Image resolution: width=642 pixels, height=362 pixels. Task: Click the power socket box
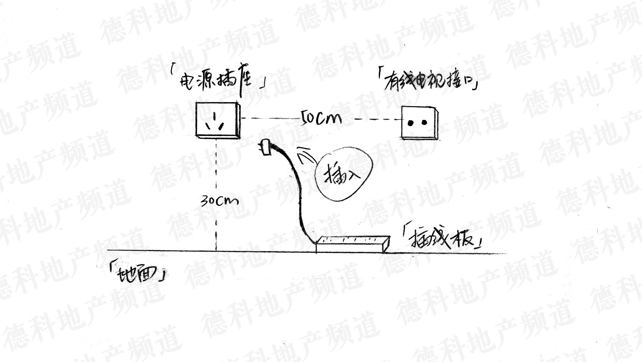point(217,119)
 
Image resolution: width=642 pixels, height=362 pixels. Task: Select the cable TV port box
point(419,122)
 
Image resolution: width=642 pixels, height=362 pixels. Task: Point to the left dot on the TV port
point(411,123)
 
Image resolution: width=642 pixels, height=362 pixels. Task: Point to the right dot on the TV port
point(424,123)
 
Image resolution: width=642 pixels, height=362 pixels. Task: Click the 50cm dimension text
point(321,118)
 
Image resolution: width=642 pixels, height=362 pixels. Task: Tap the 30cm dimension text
point(219,200)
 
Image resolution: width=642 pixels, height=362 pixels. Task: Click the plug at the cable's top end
point(266,147)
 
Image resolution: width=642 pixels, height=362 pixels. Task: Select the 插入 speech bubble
point(343,175)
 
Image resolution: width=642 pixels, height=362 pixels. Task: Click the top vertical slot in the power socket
point(214,115)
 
